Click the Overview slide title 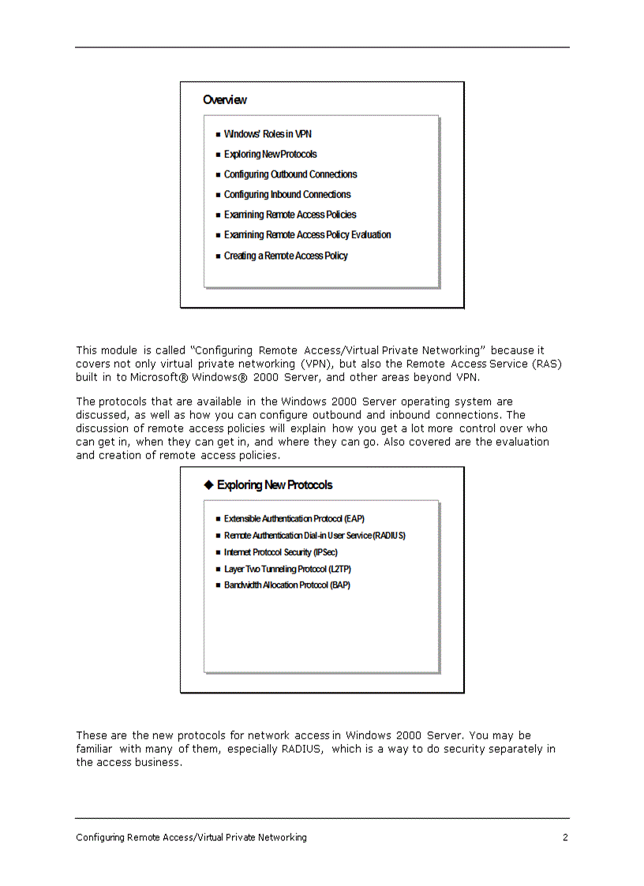point(225,100)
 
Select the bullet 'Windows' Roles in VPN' point(268,134)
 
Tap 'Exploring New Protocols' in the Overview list point(270,155)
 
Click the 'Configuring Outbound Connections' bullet point(290,174)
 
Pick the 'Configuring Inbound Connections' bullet point(286,195)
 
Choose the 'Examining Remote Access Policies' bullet point(290,215)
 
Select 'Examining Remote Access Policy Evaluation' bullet point(307,235)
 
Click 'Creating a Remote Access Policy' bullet point(286,256)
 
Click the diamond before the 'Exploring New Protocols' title point(209,484)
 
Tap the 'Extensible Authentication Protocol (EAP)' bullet point(294,519)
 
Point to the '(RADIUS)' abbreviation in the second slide point(388,536)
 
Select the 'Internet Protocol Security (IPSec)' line point(280,552)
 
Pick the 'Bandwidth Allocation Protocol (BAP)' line point(286,585)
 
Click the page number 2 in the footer point(565,838)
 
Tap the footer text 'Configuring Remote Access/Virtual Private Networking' point(191,838)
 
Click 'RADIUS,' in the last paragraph point(302,749)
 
